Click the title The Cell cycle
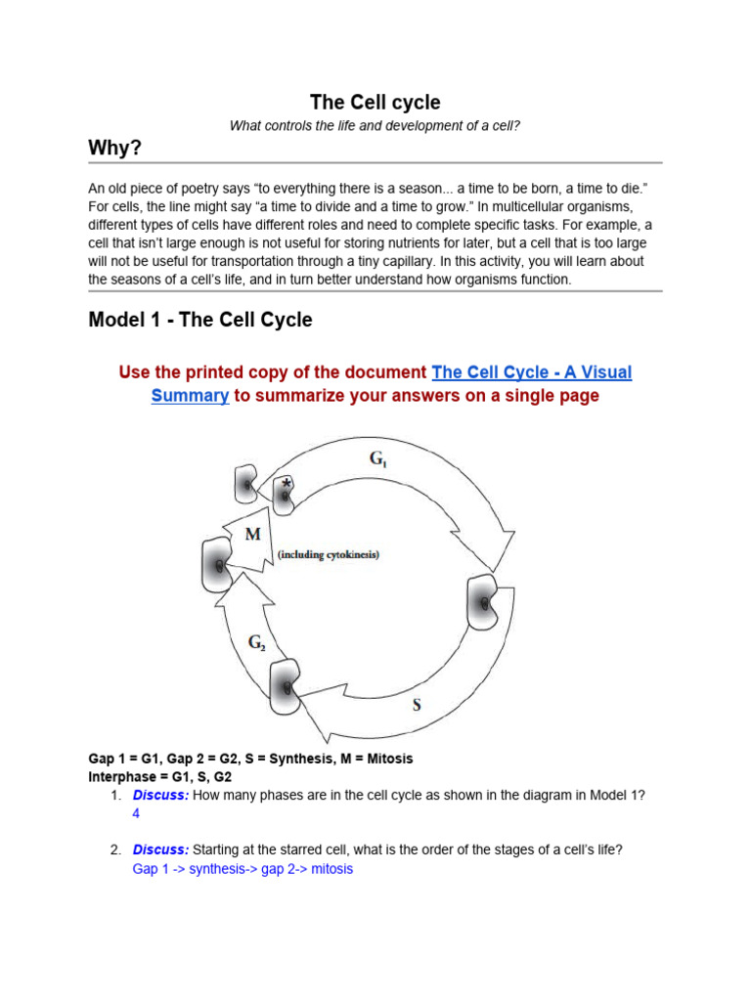click(x=375, y=102)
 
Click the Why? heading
click(x=115, y=148)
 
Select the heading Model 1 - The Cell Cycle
click(x=199, y=320)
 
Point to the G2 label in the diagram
click(x=256, y=642)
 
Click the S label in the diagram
click(x=417, y=703)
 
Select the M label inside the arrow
click(x=252, y=534)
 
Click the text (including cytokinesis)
click(x=328, y=554)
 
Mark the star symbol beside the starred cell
click(x=286, y=483)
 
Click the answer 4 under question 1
click(x=136, y=813)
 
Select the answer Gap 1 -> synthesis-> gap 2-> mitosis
click(x=243, y=868)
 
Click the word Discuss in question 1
click(x=160, y=795)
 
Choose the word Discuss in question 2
click(x=160, y=849)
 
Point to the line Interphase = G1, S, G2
click(x=160, y=776)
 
